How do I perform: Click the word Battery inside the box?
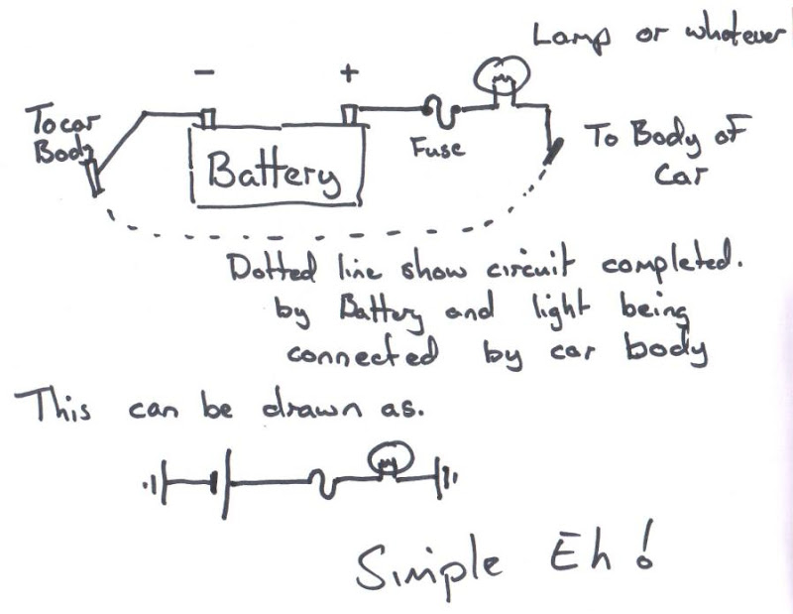tap(272, 173)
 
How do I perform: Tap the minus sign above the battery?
tap(203, 73)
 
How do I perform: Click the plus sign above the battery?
tap(348, 72)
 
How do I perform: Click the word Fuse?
tap(436, 149)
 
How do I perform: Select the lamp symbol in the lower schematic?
tap(391, 458)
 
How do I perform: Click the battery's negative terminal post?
tap(207, 118)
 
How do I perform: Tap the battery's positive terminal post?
tap(349, 114)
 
